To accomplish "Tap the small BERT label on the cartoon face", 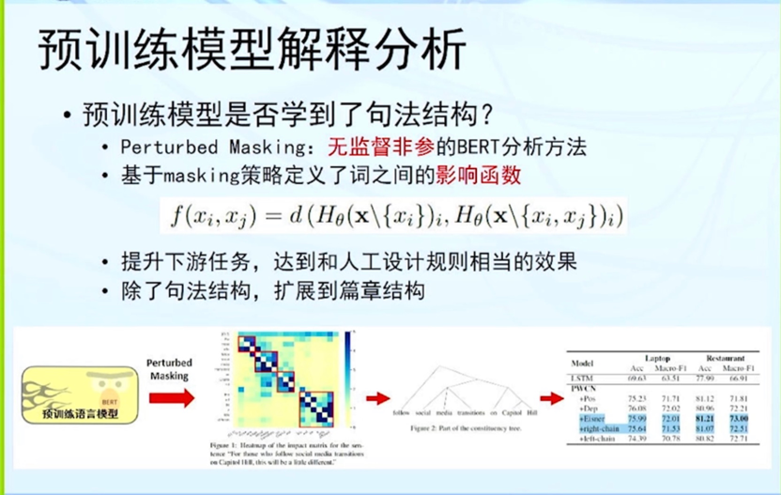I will [x=109, y=374].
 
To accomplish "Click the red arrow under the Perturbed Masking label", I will [x=172, y=397].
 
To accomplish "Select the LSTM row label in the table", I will [x=581, y=377].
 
